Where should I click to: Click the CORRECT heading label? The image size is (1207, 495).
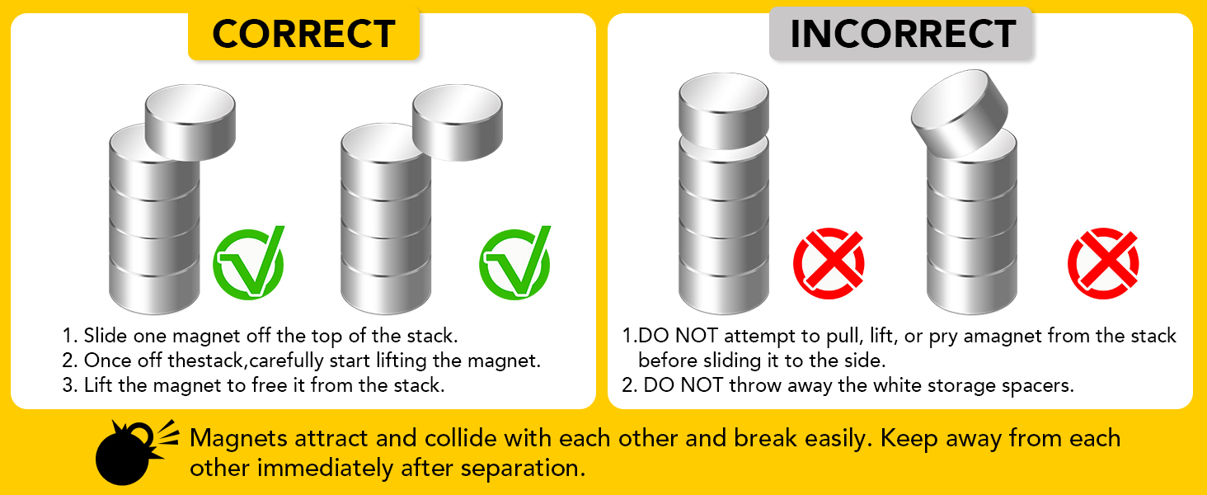304,34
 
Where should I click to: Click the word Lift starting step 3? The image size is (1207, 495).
97,385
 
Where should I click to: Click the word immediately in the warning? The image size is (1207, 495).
325,468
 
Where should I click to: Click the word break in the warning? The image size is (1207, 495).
765,438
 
